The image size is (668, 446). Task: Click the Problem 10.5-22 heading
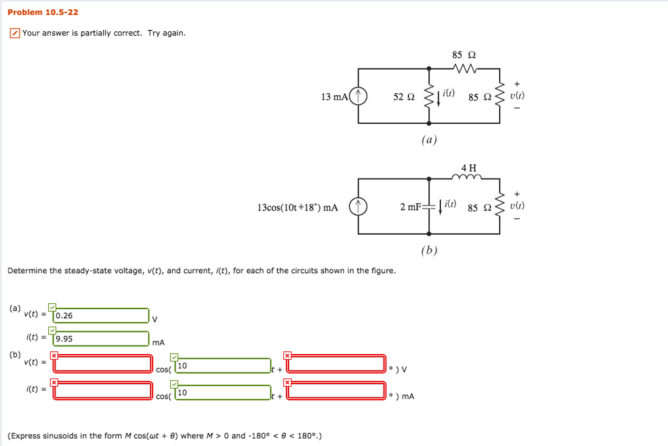(42, 12)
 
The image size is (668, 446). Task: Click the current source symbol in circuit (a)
(359, 97)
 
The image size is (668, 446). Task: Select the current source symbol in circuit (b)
(359, 207)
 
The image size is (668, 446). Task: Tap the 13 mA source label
(335, 97)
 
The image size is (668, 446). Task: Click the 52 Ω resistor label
(404, 97)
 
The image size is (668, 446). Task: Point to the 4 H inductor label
(469, 166)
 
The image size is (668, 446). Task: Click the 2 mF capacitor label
(410, 207)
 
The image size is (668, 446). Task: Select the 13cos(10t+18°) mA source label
(297, 207)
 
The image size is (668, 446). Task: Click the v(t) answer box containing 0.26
(101, 316)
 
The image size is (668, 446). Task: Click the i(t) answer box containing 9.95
(101, 339)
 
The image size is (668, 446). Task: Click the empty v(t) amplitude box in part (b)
(103, 363)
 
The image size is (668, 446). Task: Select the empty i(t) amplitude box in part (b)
(103, 391)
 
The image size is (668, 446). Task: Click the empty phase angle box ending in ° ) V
(337, 363)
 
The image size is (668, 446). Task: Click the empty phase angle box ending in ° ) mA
(337, 391)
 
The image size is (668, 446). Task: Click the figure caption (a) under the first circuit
(429, 139)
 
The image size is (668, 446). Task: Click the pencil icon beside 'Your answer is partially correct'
(14, 33)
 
